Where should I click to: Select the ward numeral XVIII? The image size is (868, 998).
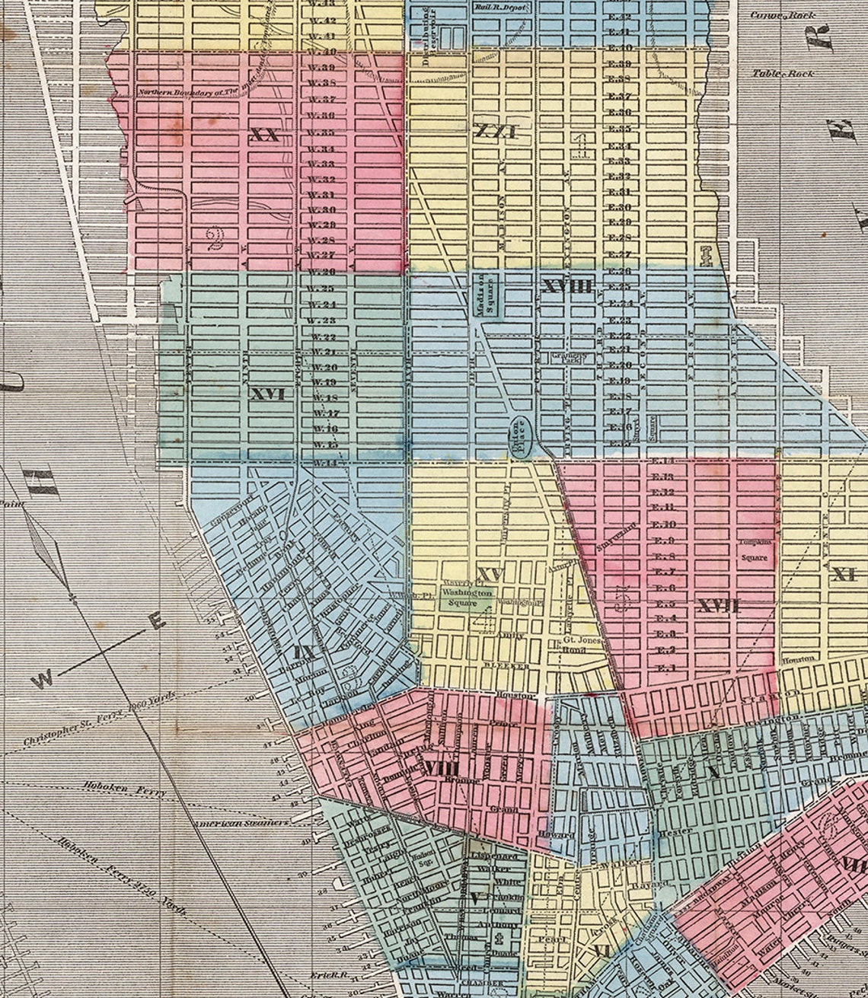(567, 286)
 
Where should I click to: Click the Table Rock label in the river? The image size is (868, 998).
(783, 74)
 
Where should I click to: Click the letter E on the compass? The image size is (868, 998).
(157, 622)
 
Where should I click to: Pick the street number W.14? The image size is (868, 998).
(324, 463)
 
